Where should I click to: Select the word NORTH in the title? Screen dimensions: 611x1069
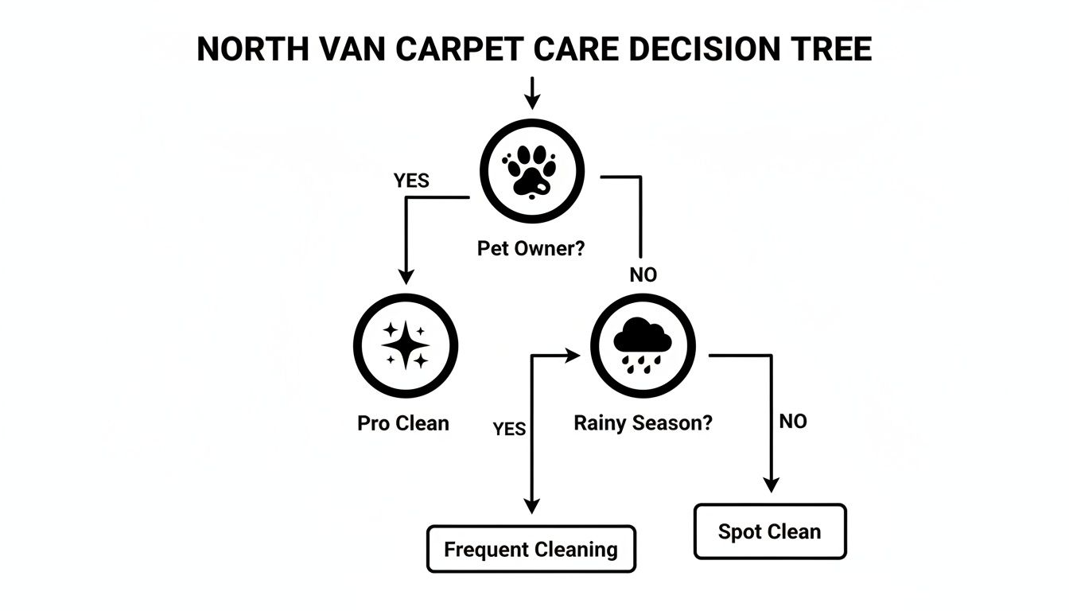248,49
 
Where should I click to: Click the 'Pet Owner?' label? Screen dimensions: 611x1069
531,248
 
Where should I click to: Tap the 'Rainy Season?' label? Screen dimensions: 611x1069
643,423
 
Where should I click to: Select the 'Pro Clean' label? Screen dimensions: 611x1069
402,423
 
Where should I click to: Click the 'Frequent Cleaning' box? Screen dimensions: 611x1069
531,549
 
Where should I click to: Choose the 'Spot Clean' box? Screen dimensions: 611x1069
769,531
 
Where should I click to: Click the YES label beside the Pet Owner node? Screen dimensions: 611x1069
411,181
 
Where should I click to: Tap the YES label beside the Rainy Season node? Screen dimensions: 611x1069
509,430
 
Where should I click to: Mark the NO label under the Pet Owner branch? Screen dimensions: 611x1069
643,275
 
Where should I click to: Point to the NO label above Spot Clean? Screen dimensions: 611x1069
792,422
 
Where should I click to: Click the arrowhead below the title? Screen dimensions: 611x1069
532,102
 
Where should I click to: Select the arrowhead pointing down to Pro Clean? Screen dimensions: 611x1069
406,277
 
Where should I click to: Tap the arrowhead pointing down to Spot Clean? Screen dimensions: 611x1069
770,485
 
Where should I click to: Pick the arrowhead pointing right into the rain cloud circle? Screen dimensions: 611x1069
573,356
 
